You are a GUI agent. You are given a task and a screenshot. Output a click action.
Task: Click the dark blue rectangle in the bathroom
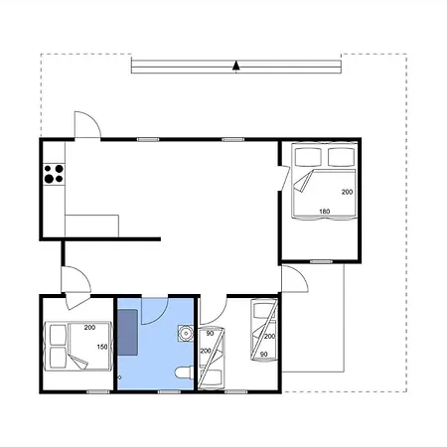click(128, 331)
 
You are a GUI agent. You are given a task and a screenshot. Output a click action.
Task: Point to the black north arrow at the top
click(236, 67)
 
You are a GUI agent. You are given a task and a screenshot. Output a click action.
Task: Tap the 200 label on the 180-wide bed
click(347, 191)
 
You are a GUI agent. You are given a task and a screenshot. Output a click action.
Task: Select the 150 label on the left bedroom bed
click(101, 347)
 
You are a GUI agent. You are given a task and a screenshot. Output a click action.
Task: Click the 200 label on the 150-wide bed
click(89, 327)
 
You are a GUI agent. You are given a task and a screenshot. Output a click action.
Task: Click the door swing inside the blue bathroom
click(153, 312)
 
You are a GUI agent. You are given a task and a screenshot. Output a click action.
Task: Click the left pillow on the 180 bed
click(307, 156)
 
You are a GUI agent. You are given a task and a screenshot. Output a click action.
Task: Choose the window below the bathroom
click(170, 392)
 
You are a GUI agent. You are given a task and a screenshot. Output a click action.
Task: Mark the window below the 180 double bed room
click(320, 260)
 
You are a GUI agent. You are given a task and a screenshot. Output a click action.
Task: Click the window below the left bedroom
click(97, 392)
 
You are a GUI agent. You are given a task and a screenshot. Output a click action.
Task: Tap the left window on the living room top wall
click(147, 139)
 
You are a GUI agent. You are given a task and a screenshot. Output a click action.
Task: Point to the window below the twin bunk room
click(237, 392)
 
